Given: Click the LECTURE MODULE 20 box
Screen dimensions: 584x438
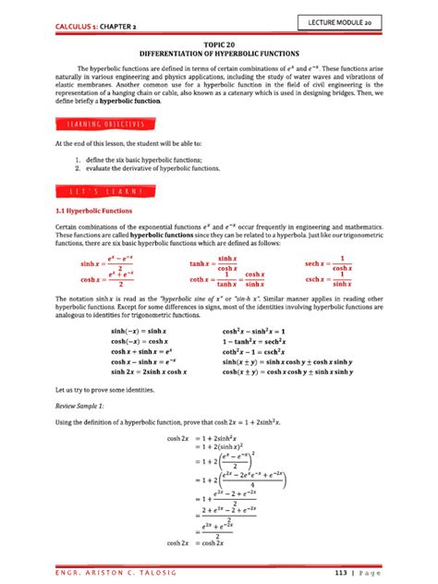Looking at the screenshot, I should (378, 21).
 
